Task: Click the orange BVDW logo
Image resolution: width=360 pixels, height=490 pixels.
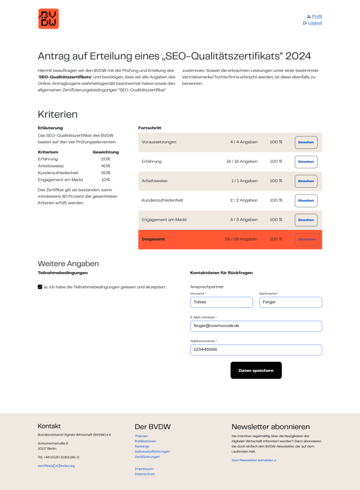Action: point(48,19)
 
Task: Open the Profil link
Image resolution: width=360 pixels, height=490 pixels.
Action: point(317,16)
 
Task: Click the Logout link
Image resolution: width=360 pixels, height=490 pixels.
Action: point(315,23)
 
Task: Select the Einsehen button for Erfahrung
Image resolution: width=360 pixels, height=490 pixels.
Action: point(306,162)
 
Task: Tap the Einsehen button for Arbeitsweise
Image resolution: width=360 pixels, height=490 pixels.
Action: point(306,181)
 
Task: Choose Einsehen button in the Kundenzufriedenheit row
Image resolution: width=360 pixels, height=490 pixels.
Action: point(306,201)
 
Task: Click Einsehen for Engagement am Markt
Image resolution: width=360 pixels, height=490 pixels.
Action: point(306,220)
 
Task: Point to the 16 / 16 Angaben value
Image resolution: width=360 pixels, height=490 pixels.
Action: point(242,162)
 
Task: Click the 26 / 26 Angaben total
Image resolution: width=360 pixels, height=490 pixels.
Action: point(241,239)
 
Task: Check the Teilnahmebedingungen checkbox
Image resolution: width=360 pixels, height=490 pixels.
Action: point(40,287)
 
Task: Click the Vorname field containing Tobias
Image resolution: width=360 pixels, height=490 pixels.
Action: point(222,302)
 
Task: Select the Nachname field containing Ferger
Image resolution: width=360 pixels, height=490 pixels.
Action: point(290,302)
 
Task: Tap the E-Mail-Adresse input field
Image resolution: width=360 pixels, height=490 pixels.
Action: point(256,326)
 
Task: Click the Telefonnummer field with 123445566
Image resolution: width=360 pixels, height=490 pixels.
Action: point(256,350)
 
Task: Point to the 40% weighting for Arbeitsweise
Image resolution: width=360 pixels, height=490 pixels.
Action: point(106,166)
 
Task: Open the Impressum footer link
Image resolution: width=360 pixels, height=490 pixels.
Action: point(143,469)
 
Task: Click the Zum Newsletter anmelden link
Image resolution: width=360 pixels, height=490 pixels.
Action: point(254,460)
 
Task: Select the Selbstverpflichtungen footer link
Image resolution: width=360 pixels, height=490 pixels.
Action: point(152,452)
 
